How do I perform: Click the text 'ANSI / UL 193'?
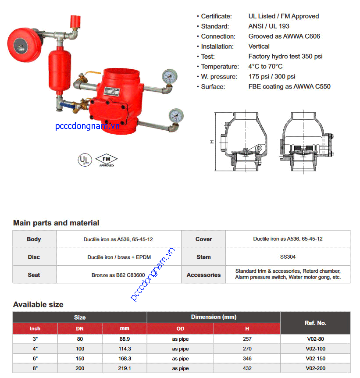[x=269, y=26]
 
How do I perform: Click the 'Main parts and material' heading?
[x=56, y=223]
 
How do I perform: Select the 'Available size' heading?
[x=38, y=304]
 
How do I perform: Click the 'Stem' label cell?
[x=203, y=257]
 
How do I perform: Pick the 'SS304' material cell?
[x=288, y=257]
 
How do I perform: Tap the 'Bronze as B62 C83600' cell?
[x=118, y=275]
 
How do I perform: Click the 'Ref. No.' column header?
[x=315, y=323]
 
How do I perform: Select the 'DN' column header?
[x=79, y=328]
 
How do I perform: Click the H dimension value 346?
[x=247, y=359]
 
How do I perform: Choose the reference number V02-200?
[x=315, y=368]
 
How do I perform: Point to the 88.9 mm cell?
[x=124, y=339]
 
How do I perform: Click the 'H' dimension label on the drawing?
[x=211, y=142]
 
